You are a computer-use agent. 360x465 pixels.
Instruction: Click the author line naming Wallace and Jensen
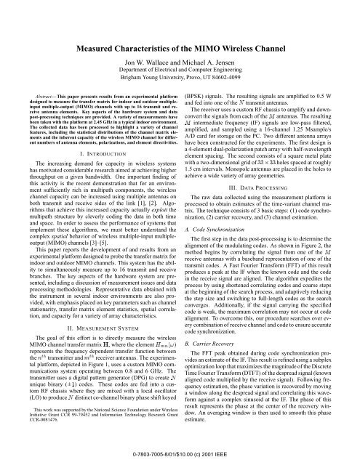(x=180, y=44)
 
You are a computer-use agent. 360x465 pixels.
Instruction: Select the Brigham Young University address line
(x=180, y=64)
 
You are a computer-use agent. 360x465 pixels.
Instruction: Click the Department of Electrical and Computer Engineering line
(x=180, y=54)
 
